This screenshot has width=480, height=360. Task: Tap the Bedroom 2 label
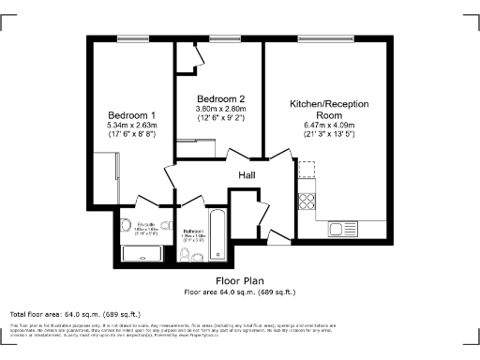tap(221, 99)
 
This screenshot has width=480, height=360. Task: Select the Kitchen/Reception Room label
tap(329, 107)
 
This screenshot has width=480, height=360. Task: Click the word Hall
tap(247, 175)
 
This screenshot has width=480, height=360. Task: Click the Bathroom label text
tap(193, 231)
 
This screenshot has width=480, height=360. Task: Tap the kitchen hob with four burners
tap(307, 200)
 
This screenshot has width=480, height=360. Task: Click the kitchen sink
tap(340, 228)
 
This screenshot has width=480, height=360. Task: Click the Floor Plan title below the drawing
tap(240, 280)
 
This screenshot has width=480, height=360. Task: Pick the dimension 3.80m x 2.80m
tap(221, 110)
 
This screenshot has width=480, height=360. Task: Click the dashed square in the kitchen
tap(307, 170)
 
